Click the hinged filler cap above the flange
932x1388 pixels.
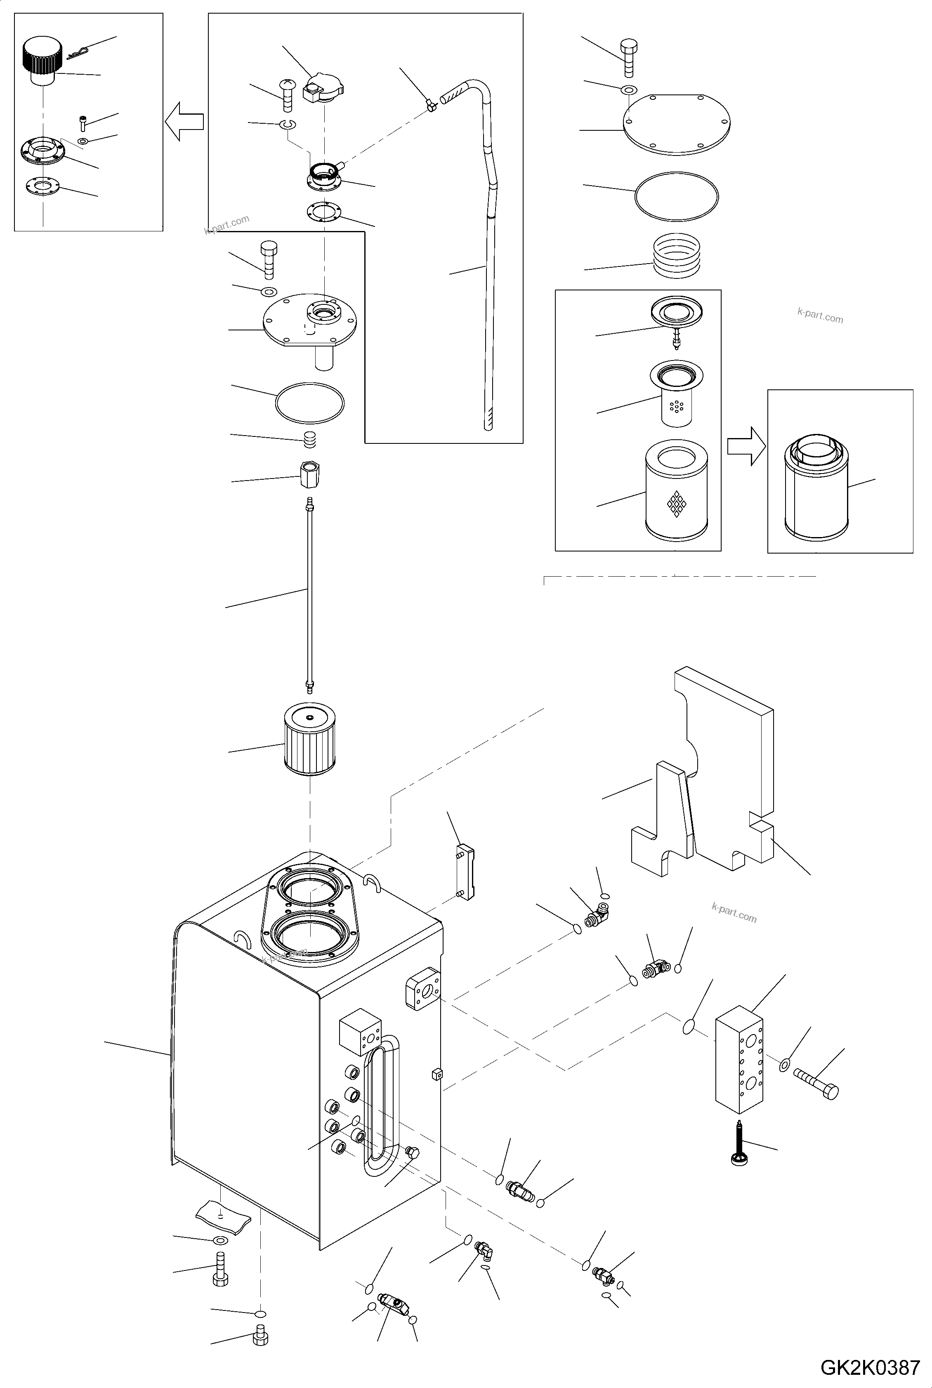[x=324, y=89]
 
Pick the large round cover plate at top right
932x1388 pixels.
[x=677, y=124]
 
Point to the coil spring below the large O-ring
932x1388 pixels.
[x=677, y=255]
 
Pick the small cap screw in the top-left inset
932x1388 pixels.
[x=83, y=124]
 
